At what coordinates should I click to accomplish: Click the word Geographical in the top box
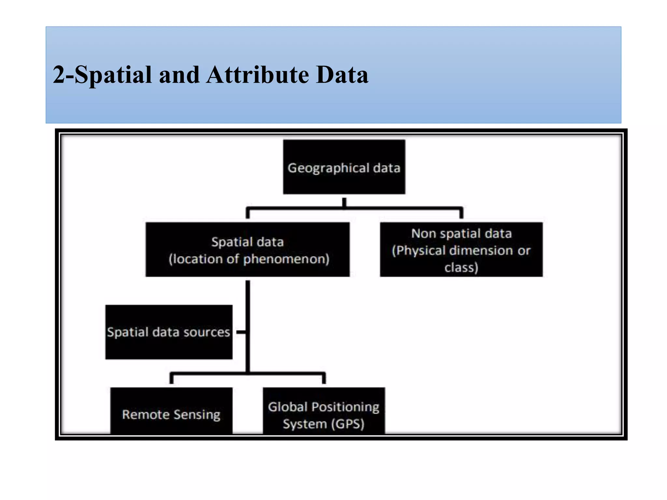coord(328,168)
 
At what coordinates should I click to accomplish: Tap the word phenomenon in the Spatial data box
coord(286,259)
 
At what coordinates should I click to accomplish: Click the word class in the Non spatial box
coord(459,268)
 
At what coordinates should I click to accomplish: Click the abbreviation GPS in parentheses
coord(348,424)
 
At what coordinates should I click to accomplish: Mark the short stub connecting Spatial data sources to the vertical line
coord(241,332)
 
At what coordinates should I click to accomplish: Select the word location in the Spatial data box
coord(197,259)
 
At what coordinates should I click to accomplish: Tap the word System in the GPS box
coord(305,424)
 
